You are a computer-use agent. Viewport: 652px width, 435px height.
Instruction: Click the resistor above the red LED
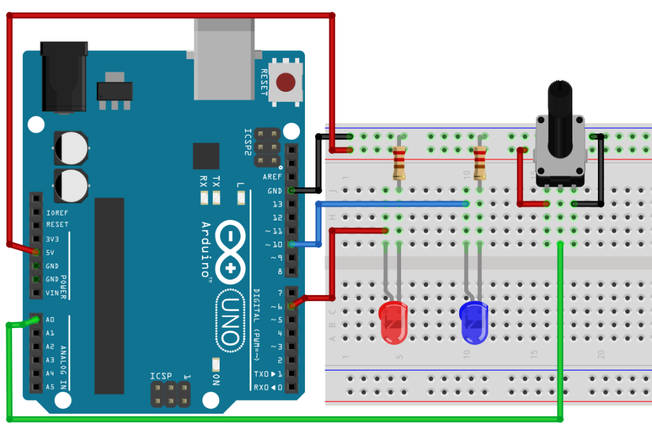click(399, 162)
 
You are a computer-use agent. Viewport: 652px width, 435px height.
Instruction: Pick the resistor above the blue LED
click(479, 162)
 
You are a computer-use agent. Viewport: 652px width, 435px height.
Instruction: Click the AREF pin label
click(272, 177)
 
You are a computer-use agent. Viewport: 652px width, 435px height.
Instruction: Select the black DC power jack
click(63, 76)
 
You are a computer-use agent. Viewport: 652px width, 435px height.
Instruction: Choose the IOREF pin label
click(57, 212)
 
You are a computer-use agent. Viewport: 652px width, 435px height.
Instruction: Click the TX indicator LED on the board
click(216, 198)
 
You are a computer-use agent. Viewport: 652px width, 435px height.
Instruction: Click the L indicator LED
click(241, 198)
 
